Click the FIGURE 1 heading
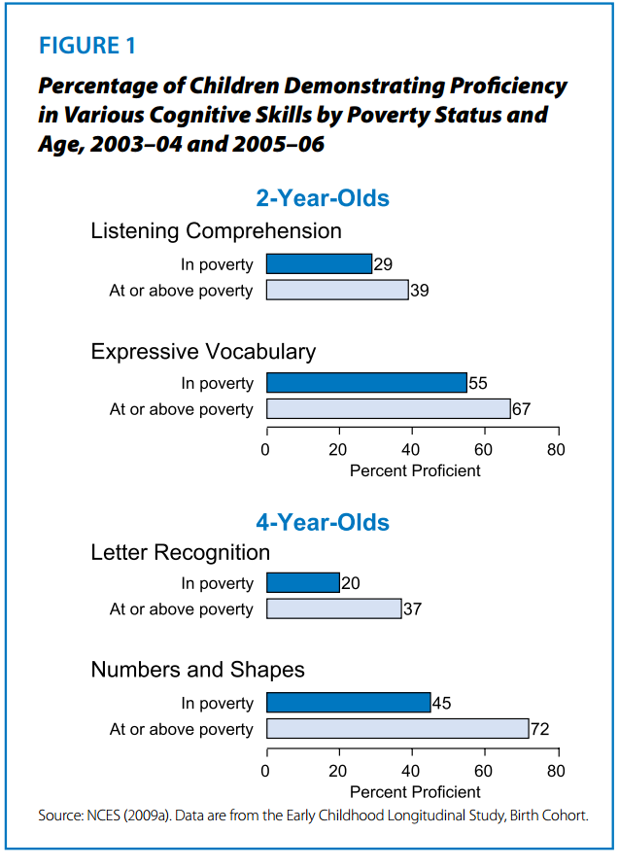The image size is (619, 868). [x=88, y=46]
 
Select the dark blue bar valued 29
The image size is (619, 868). [x=319, y=264]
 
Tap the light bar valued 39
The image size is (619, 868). [x=336, y=290]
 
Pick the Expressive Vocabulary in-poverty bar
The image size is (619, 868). [x=366, y=383]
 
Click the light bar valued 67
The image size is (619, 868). [x=388, y=409]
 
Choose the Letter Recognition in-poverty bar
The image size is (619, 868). [x=302, y=583]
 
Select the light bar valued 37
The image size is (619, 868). [x=333, y=608]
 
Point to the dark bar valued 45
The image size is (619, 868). [x=348, y=703]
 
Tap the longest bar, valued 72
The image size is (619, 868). [x=396, y=729]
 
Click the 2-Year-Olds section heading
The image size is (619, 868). [x=323, y=198]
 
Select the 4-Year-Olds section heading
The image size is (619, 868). [x=323, y=522]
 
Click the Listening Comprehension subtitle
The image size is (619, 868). [x=216, y=231]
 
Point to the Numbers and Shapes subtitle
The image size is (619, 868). [x=197, y=670]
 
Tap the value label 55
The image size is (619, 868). [x=478, y=384]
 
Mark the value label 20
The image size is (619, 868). [x=350, y=584]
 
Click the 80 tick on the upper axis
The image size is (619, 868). [x=555, y=450]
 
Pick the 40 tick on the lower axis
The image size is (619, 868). [x=411, y=772]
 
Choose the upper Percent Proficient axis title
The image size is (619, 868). [x=415, y=471]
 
